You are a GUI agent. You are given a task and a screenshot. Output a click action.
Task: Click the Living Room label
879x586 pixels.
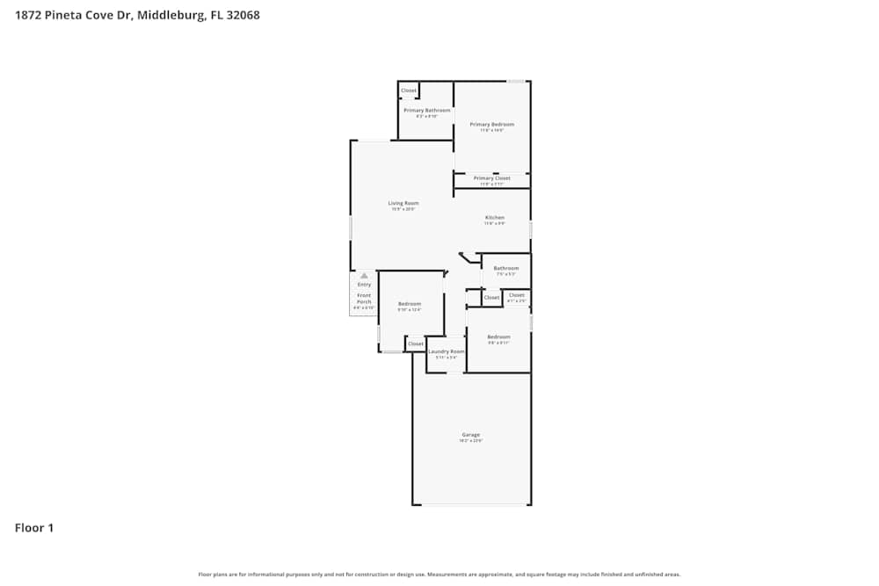[x=403, y=203]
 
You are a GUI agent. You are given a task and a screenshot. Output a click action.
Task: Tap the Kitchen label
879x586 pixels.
[x=495, y=217]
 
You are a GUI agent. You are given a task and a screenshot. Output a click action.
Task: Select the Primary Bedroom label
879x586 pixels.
[x=491, y=124]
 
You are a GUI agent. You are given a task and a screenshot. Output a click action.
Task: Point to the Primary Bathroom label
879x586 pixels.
[x=427, y=110]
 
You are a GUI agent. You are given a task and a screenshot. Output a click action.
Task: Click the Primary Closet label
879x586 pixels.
[x=491, y=177]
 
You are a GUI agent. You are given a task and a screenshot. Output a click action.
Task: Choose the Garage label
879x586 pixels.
[x=471, y=435]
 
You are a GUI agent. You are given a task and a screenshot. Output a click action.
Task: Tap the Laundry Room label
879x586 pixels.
[x=447, y=351]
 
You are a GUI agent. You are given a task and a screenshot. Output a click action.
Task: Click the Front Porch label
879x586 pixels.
[x=364, y=299]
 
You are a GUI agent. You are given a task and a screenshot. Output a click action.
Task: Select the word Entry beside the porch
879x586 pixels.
[x=364, y=285]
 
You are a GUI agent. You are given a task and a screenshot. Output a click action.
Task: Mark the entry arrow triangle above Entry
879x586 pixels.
[x=364, y=276]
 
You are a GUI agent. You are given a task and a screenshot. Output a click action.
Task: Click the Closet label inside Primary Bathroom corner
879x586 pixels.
[x=409, y=90]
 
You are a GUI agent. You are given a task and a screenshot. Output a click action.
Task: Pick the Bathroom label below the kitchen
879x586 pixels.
[x=505, y=268]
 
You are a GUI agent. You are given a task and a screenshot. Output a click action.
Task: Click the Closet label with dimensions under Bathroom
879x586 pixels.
[x=516, y=295]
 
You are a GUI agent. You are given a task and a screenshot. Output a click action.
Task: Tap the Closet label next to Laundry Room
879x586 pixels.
[x=416, y=344]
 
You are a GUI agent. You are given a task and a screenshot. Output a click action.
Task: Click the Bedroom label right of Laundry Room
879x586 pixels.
[x=498, y=336]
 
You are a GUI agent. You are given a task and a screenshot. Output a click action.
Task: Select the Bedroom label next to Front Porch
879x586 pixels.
[x=410, y=303]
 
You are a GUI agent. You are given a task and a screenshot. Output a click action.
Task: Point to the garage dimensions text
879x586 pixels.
[x=471, y=441]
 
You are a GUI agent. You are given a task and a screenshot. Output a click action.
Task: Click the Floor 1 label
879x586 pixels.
[x=34, y=528]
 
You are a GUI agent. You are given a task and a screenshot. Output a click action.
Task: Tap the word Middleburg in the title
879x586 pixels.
[x=172, y=15]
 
